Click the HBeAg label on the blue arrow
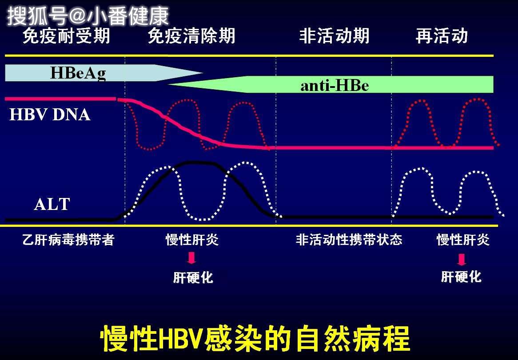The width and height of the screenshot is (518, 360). [78, 73]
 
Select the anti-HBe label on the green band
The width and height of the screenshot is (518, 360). [335, 85]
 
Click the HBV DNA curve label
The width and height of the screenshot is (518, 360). [50, 115]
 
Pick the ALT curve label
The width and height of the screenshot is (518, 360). [52, 204]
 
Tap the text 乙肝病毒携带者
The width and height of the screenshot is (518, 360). [68, 240]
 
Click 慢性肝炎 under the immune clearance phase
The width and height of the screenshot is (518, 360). [192, 240]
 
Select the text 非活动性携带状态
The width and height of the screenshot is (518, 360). [349, 240]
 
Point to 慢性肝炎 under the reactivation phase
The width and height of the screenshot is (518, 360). [463, 240]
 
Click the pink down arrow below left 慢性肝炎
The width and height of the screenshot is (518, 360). [192, 258]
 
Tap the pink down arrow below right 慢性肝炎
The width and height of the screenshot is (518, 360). [462, 259]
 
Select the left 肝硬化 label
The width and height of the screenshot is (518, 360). [193, 278]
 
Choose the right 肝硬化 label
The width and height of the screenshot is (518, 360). [461, 277]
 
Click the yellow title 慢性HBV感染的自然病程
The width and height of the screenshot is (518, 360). [255, 339]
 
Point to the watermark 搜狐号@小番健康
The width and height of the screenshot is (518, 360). [88, 16]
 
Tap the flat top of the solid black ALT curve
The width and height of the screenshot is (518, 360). [195, 162]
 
